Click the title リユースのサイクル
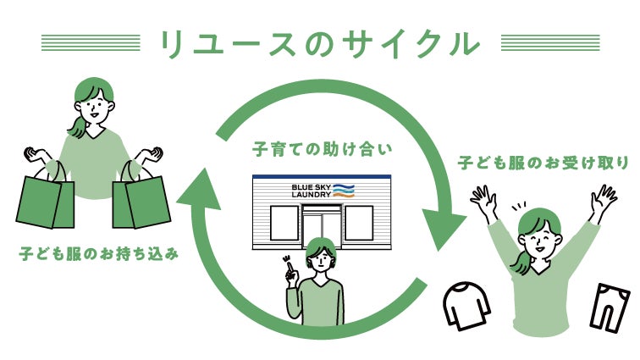[x=321, y=42]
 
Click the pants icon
[x=610, y=304]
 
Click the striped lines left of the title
[x=91, y=42]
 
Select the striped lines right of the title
[x=551, y=42]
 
